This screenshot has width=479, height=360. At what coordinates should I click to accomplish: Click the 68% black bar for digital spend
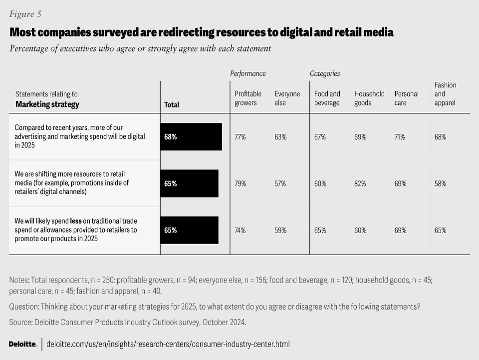point(191,137)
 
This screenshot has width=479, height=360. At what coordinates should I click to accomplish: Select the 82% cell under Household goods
point(360,184)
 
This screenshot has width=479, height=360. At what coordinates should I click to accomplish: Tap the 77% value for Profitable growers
point(240,137)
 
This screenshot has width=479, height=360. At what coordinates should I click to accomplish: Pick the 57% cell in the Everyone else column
point(280,184)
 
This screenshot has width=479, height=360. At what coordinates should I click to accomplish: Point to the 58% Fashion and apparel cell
point(441,184)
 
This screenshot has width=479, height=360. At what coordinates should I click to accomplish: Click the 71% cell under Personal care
point(400,137)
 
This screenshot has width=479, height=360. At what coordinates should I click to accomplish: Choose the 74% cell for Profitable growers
point(240,230)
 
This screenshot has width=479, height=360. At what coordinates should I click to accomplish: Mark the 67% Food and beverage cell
point(320,137)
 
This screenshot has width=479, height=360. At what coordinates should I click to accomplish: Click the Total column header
point(172,105)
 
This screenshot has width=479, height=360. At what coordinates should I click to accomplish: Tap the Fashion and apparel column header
point(445,94)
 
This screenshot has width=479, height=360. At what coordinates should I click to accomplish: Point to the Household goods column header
point(369,98)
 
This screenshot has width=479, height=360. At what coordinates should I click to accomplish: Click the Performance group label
point(248,73)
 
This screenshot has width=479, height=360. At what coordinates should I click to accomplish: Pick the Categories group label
point(325,73)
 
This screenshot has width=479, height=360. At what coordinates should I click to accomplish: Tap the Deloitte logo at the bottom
point(23,344)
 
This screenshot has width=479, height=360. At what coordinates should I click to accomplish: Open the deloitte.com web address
point(168,344)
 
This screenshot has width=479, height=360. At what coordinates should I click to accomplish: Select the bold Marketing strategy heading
point(47,104)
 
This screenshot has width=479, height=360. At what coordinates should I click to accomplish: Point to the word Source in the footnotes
point(20,322)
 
